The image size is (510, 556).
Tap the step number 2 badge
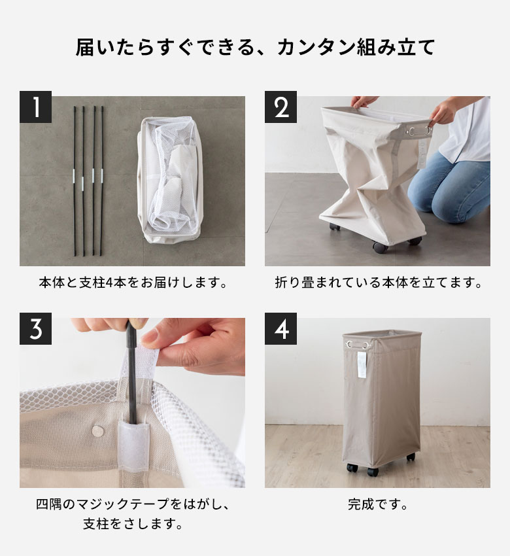click(x=280, y=107)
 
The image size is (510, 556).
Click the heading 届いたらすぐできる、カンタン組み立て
click(x=255, y=47)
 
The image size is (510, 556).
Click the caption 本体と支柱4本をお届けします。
click(x=132, y=283)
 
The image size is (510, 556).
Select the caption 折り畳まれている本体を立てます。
click(x=378, y=283)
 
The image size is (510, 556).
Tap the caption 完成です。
click(x=378, y=505)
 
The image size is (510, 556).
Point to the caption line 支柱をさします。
click(x=132, y=524)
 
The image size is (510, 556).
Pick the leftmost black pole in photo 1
click(x=75, y=180)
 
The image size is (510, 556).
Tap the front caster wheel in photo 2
click(x=379, y=247)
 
